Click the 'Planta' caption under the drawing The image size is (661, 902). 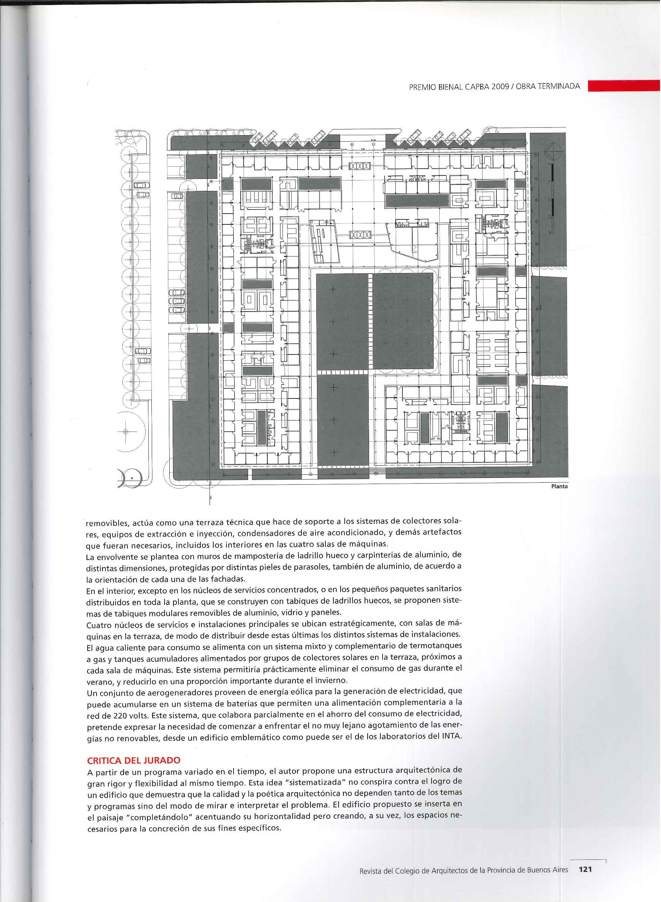coord(559,487)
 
